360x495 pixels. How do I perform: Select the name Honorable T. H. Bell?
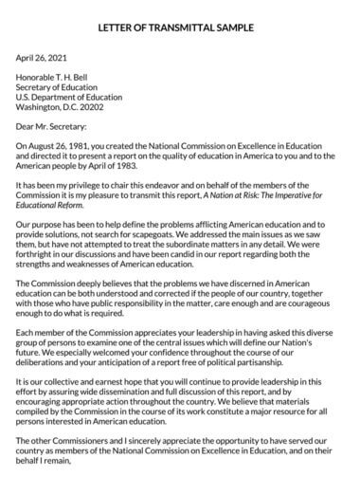click(59, 82)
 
